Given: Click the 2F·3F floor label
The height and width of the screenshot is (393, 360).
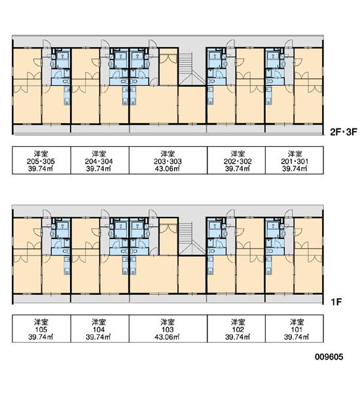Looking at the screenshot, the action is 343,132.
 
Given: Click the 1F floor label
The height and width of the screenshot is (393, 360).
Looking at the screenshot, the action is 336,302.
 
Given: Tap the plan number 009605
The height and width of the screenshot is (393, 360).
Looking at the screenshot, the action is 329,357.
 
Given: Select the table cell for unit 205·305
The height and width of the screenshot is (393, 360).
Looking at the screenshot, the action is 41,160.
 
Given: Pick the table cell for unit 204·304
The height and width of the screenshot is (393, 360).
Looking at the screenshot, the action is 99,160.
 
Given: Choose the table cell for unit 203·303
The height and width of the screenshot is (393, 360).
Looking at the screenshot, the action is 168,160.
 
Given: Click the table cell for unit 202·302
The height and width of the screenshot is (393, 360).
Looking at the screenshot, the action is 236,160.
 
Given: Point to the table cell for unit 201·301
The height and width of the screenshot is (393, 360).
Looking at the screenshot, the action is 295,160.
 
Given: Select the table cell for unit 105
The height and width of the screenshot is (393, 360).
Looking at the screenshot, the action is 41,329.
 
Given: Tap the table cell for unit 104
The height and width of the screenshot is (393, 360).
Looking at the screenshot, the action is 99,329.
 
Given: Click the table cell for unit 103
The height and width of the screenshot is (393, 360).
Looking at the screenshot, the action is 168,329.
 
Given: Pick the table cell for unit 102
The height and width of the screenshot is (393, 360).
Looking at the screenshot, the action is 236,329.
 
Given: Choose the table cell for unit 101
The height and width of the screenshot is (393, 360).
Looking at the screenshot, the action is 295,329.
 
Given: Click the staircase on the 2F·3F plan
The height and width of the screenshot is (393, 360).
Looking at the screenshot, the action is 192,68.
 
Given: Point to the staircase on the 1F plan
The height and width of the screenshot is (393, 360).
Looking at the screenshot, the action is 192,238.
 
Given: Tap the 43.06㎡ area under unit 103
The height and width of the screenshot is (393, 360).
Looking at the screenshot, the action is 167,337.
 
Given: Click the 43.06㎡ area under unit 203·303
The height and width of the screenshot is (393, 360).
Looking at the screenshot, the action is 167,168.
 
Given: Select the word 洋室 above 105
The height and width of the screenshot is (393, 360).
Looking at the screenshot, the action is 41,322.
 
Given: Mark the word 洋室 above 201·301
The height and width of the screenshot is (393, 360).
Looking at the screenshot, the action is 295,153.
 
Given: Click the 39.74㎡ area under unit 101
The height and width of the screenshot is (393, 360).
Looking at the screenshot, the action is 297,337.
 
